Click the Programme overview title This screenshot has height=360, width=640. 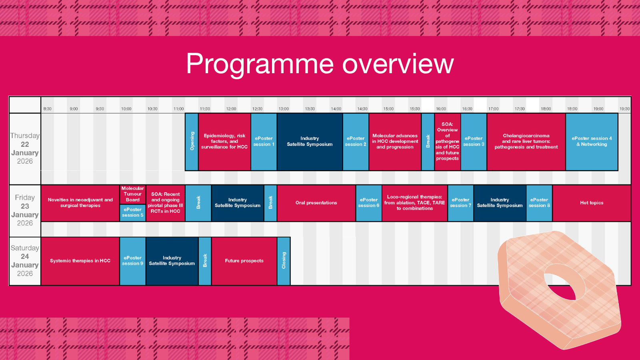click(320, 64)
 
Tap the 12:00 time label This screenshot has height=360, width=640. click(231, 109)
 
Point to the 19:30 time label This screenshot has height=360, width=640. click(624, 109)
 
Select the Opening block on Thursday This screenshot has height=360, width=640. click(192, 142)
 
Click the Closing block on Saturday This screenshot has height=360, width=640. click(284, 261)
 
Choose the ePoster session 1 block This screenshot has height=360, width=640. click(264, 142)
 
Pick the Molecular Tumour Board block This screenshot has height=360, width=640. click(133, 194)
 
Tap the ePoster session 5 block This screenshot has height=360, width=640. click(133, 212)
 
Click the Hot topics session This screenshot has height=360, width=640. click(592, 203)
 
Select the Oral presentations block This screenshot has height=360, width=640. click(316, 203)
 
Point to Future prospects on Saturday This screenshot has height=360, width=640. click(244, 261)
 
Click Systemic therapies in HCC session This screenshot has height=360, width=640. click(80, 261)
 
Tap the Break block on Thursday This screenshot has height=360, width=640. click(428, 142)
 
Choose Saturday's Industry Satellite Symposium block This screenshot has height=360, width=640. click(172, 261)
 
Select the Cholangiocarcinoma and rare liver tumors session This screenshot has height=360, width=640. click(526, 142)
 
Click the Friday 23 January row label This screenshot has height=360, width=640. click(25, 210)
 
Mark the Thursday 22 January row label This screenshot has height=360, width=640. click(25, 148)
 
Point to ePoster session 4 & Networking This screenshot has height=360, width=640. click(592, 142)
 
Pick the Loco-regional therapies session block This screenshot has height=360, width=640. click(414, 203)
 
